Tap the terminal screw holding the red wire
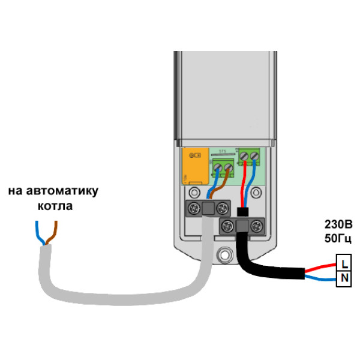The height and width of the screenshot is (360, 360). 244,157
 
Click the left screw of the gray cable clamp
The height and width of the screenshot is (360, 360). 195,208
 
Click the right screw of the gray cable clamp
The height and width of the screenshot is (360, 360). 223,208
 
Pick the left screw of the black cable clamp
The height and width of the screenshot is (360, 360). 228,226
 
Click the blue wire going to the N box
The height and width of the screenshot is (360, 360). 321,279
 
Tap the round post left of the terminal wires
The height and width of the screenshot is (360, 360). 195,193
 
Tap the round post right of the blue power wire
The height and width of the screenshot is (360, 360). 256,193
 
